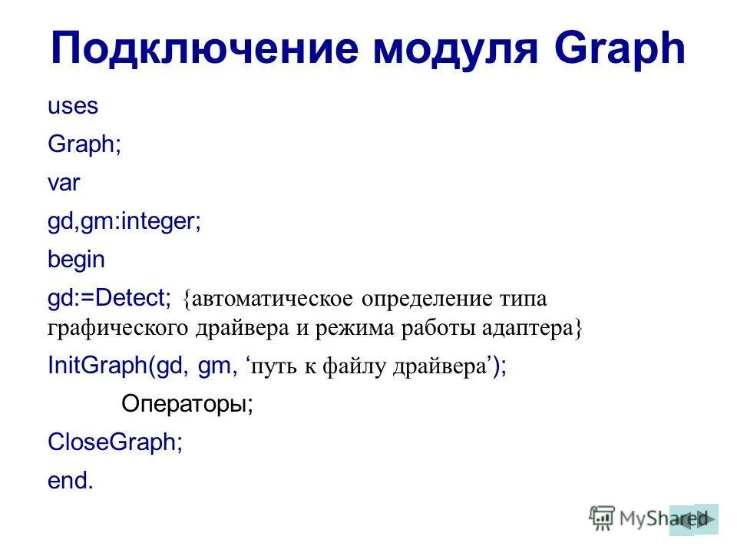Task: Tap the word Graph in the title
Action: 620,49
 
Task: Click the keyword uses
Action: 73,107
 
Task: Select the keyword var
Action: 64,183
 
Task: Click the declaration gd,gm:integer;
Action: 124,222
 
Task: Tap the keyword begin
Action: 76,260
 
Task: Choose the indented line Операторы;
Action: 187,404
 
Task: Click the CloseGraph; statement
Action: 115,442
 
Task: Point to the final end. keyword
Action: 70,481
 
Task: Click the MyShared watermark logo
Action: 630,518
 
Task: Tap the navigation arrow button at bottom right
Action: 695,519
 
